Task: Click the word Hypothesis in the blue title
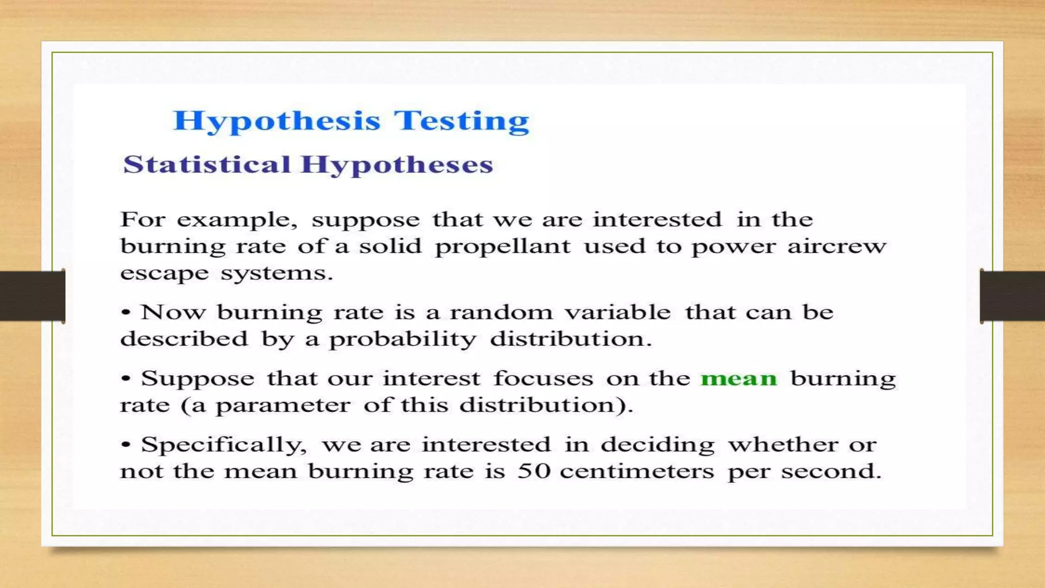(x=277, y=121)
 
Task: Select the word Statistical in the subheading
(x=207, y=164)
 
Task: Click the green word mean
(x=738, y=379)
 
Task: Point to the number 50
(x=534, y=471)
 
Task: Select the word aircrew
(x=836, y=246)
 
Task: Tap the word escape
(x=164, y=274)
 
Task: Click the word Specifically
(x=223, y=445)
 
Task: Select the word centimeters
(x=636, y=471)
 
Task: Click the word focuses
(x=543, y=379)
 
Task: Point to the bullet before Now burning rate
(x=126, y=312)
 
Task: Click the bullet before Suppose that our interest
(x=126, y=378)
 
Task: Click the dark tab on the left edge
(x=32, y=296)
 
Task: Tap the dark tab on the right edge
(x=1012, y=296)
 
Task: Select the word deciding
(x=657, y=445)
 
